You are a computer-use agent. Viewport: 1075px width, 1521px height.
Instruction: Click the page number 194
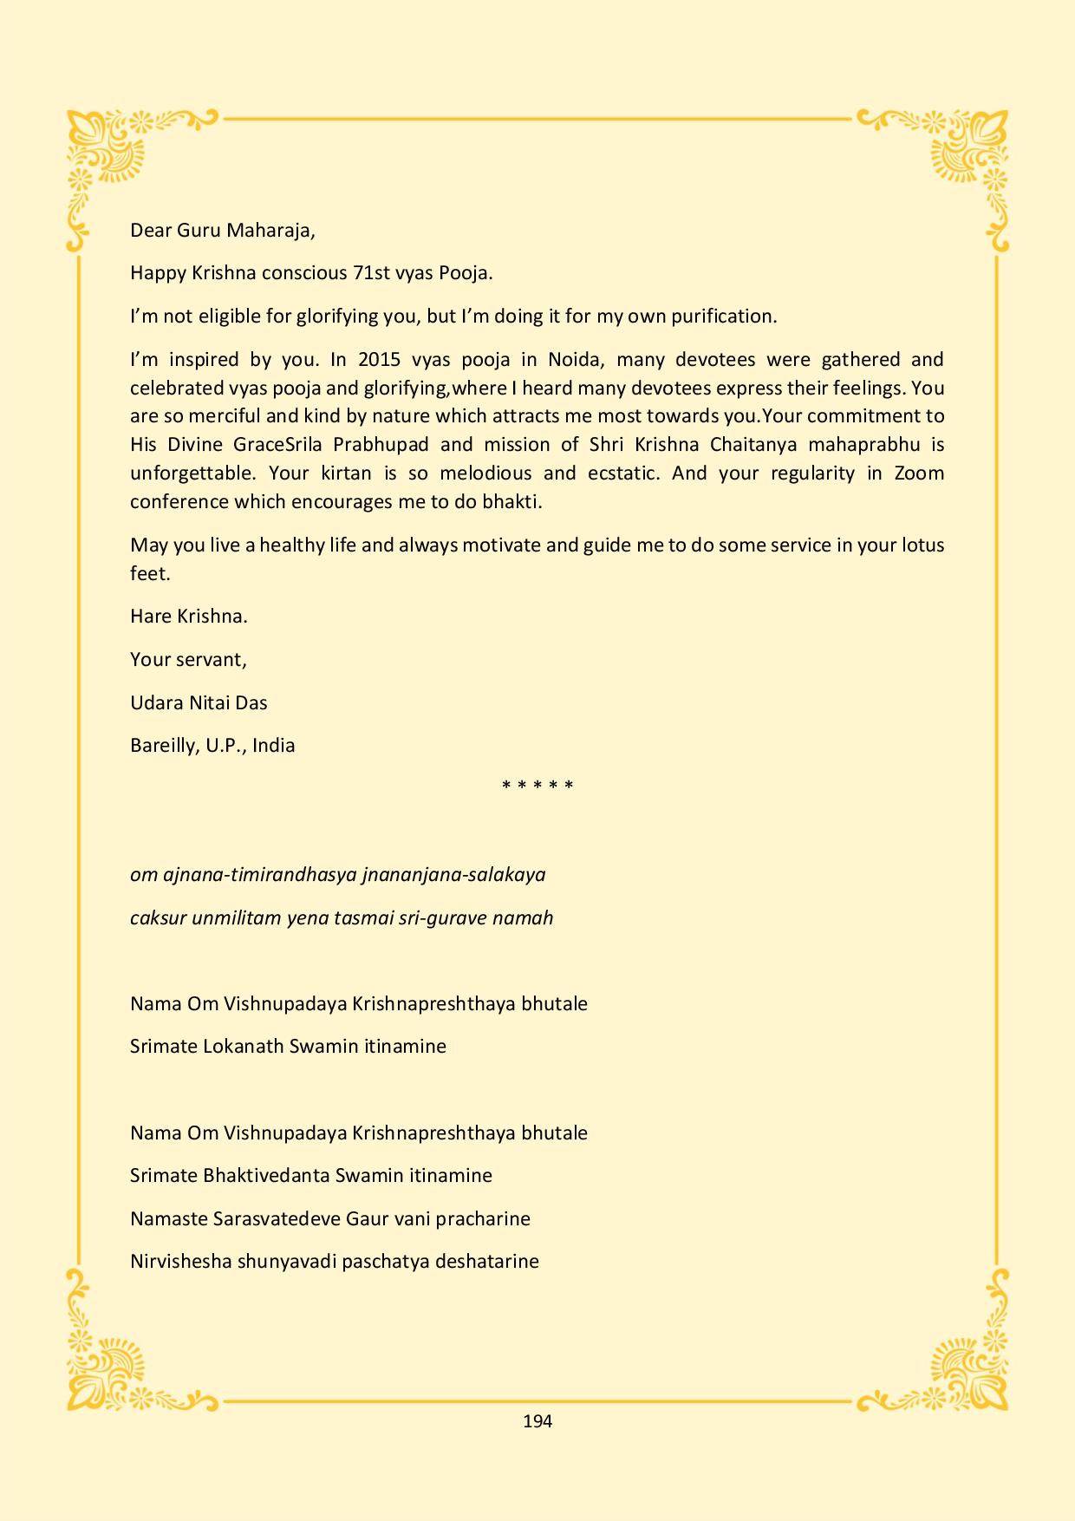537,1421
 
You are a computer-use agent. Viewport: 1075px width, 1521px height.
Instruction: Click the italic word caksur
158,918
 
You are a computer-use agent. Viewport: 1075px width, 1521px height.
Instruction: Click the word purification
725,317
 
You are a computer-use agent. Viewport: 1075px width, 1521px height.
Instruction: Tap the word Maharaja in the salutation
270,231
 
